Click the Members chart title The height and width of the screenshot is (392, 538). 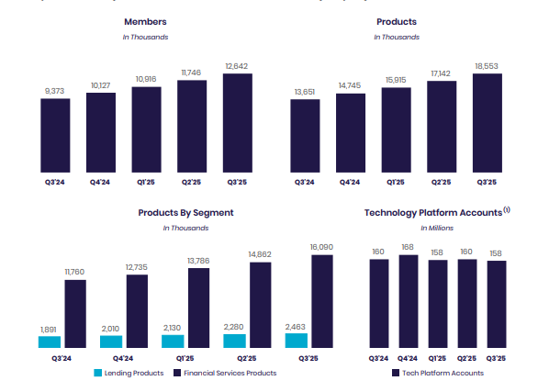click(x=145, y=21)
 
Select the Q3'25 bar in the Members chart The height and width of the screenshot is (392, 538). click(x=237, y=122)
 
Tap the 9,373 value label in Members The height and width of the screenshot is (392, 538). click(x=55, y=90)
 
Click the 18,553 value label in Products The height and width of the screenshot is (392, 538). click(x=488, y=65)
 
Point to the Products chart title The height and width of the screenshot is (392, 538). click(x=396, y=21)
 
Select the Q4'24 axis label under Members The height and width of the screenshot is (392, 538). click(x=101, y=183)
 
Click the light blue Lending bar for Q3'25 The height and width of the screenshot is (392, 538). click(x=297, y=341)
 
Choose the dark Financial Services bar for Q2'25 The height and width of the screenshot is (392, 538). click(x=261, y=306)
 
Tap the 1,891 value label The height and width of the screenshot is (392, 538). click(x=50, y=329)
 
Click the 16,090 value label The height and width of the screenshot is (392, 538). click(x=322, y=247)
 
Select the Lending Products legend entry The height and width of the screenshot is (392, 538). click(x=128, y=373)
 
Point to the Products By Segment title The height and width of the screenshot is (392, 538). click(x=185, y=212)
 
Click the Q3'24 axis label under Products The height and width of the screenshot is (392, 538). click(x=306, y=183)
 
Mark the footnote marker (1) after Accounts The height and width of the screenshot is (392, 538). click(x=507, y=210)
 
